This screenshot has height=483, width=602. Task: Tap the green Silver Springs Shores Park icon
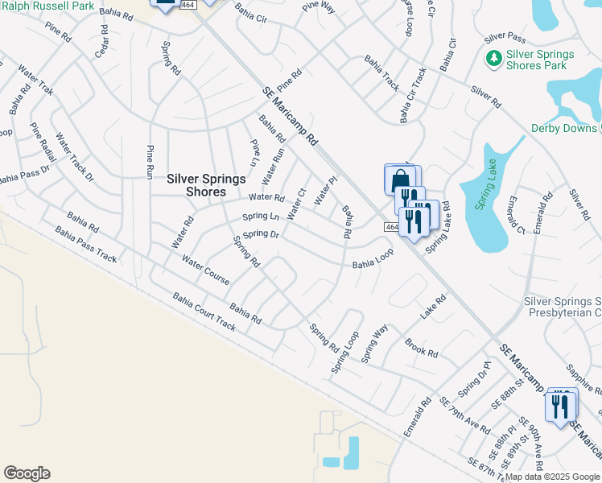[x=493, y=58]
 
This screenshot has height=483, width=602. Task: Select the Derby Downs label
[x=563, y=128]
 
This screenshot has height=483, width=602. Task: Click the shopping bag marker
[x=401, y=180]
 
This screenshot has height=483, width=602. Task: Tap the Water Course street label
[x=205, y=270]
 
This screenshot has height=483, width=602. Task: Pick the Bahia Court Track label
[x=204, y=312]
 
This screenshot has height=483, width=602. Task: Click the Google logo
[x=27, y=473]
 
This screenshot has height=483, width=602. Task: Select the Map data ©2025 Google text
[x=552, y=477]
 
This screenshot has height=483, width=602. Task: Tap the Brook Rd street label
[x=422, y=347]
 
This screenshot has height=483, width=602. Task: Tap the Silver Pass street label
[x=505, y=39]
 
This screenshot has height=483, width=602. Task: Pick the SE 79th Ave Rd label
[x=464, y=415]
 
